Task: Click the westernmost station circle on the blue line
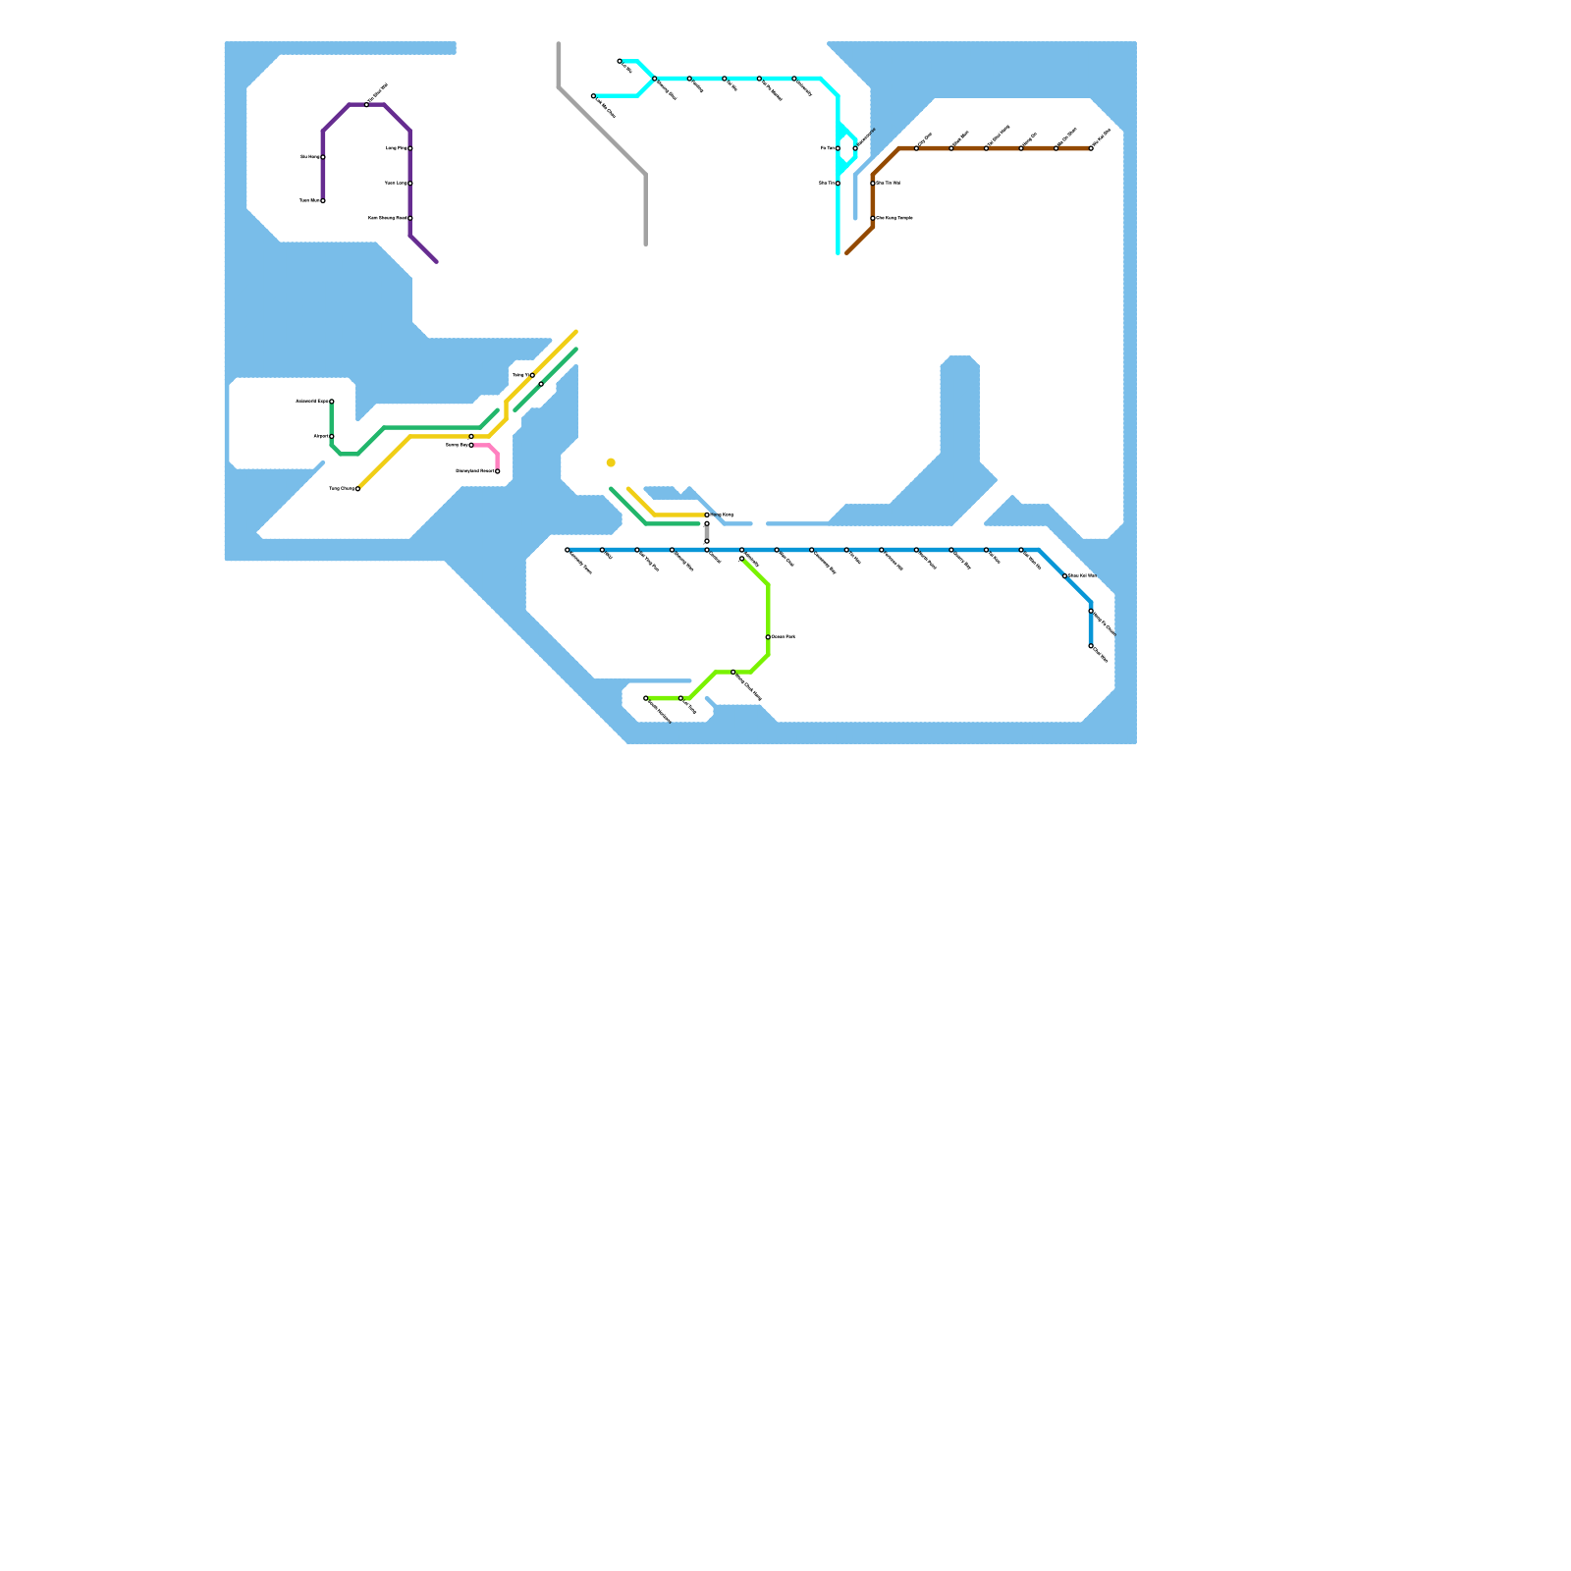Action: pos(568,550)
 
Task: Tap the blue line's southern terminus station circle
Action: pos(1091,646)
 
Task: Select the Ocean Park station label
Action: pos(784,637)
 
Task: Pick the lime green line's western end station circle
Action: pos(646,698)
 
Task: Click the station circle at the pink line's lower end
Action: pos(498,471)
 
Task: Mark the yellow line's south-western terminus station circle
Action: pos(357,488)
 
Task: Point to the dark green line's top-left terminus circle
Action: pos(332,402)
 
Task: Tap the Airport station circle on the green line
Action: pos(332,436)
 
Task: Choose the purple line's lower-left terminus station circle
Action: pos(323,200)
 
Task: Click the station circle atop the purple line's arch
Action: pos(367,104)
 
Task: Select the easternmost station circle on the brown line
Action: pos(1091,148)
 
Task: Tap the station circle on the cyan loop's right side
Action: pos(855,148)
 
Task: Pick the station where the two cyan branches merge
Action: pos(655,79)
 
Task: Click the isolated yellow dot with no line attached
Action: pos(611,462)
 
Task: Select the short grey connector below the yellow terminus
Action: pos(707,533)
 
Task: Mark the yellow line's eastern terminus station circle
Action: pos(707,515)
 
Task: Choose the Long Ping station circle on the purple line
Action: pos(410,148)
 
